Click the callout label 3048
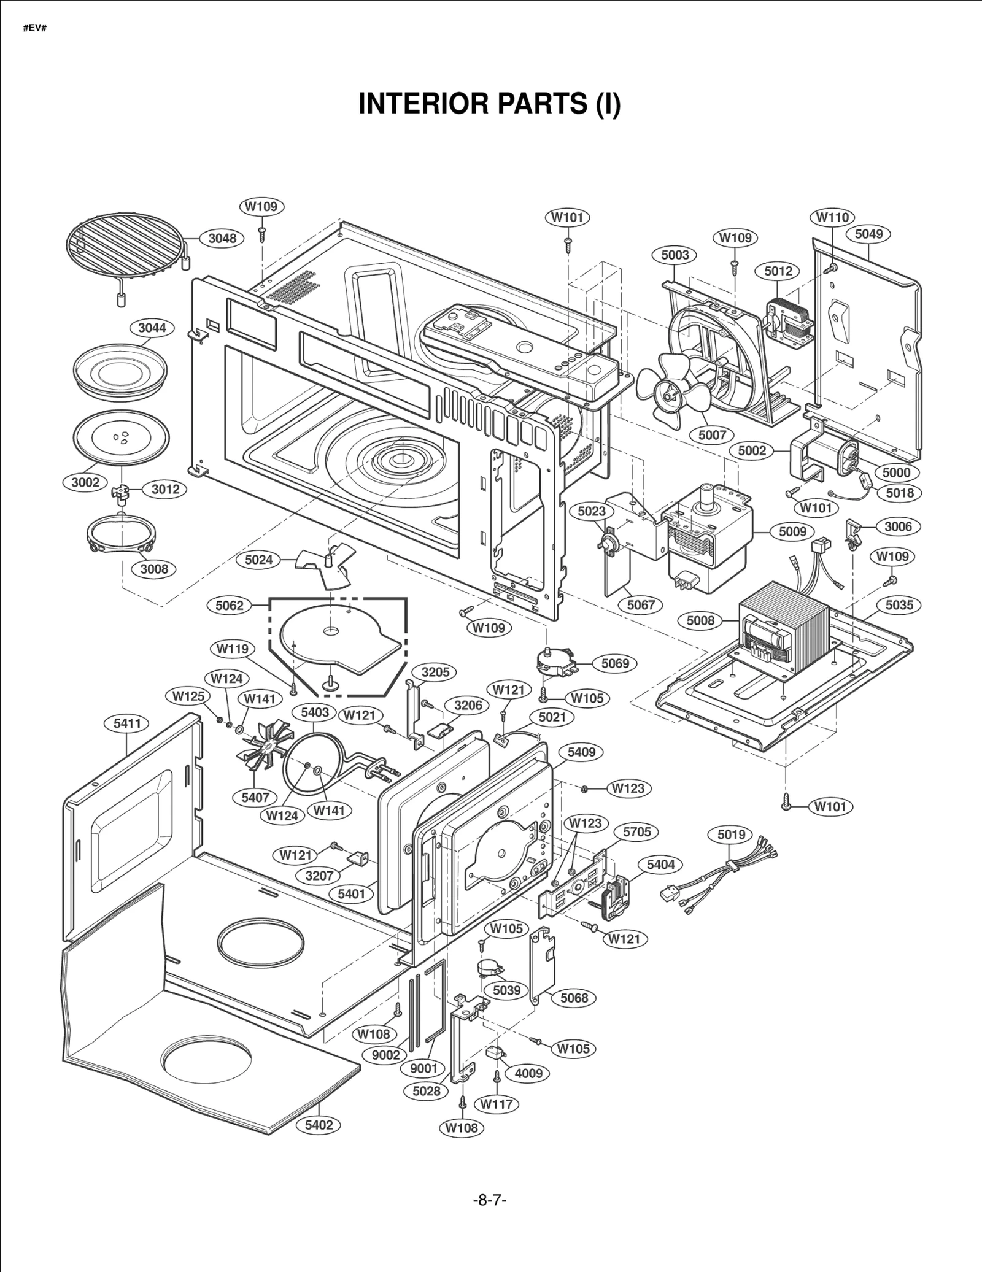click(x=222, y=238)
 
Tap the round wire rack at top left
click(x=126, y=245)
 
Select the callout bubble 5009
click(x=792, y=531)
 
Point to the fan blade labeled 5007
click(x=672, y=390)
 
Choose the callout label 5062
click(x=230, y=606)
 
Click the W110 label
click(x=832, y=217)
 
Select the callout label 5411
click(x=127, y=723)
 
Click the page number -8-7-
click(x=490, y=1200)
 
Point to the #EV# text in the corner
click(x=35, y=29)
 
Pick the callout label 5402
click(x=319, y=1125)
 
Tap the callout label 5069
click(x=615, y=663)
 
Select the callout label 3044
click(x=152, y=328)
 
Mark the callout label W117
click(x=497, y=1104)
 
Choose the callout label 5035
click(x=899, y=605)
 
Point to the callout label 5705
click(x=636, y=832)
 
